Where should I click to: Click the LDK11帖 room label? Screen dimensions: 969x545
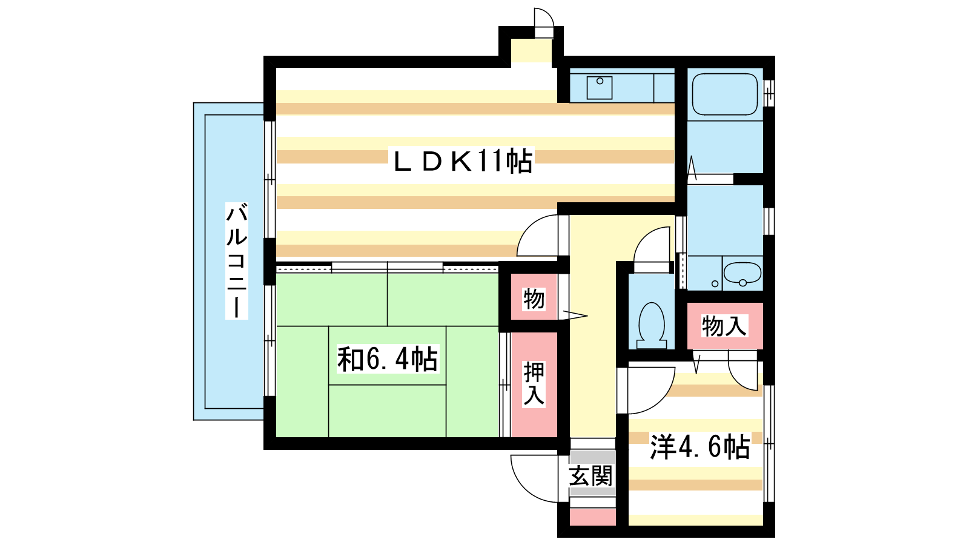[462, 161]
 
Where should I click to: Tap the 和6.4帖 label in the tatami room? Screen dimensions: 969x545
[388, 358]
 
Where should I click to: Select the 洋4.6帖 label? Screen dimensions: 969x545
[700, 446]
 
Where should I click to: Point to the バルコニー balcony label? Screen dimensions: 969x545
[236, 261]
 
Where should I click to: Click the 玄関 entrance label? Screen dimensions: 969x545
[591, 476]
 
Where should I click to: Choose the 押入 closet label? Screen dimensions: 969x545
[534, 384]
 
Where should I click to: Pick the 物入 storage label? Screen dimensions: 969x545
[724, 326]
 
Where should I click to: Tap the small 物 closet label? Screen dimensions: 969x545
[534, 299]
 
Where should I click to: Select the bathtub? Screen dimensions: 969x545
[725, 94]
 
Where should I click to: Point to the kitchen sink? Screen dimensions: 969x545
[600, 88]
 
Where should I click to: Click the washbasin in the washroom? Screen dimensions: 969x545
[742, 273]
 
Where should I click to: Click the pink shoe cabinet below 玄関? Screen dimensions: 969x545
[593, 517]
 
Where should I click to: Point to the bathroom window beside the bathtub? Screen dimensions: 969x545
[769, 93]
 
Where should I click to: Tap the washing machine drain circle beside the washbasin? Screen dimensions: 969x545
[715, 284]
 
